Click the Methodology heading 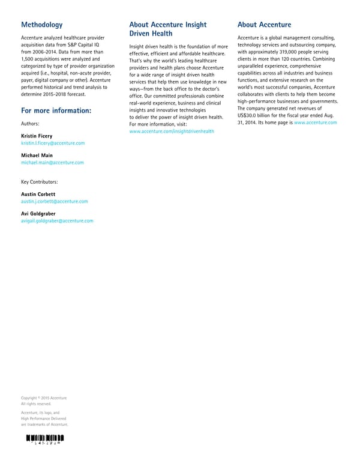(x=41, y=25)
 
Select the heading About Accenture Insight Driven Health (x=167, y=29)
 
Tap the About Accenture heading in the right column (x=264, y=25)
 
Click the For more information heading (x=56, y=110)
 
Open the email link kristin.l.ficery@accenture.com (x=53, y=144)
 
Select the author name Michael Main (x=37, y=156)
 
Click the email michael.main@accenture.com (x=52, y=163)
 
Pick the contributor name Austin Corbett (x=38, y=194)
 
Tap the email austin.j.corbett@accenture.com (x=54, y=201)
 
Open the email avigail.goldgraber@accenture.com (x=57, y=221)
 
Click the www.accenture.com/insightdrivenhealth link (x=172, y=130)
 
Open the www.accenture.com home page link (x=316, y=123)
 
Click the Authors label (x=31, y=124)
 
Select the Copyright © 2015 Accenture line (x=43, y=398)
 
